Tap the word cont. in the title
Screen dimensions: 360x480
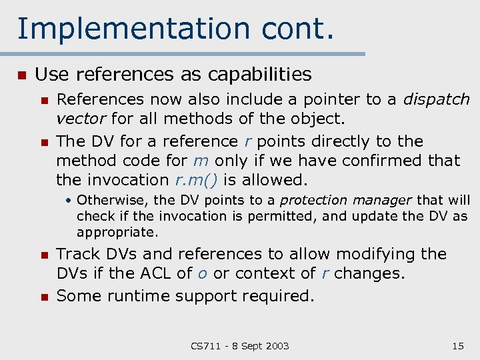pos(297,29)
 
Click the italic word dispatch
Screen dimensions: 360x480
pos(437,100)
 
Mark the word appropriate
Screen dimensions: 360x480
pos(117,233)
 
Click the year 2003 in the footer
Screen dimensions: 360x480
pos(276,345)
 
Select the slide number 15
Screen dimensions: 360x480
pos(457,345)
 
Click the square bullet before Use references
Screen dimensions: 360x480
pos(21,75)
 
